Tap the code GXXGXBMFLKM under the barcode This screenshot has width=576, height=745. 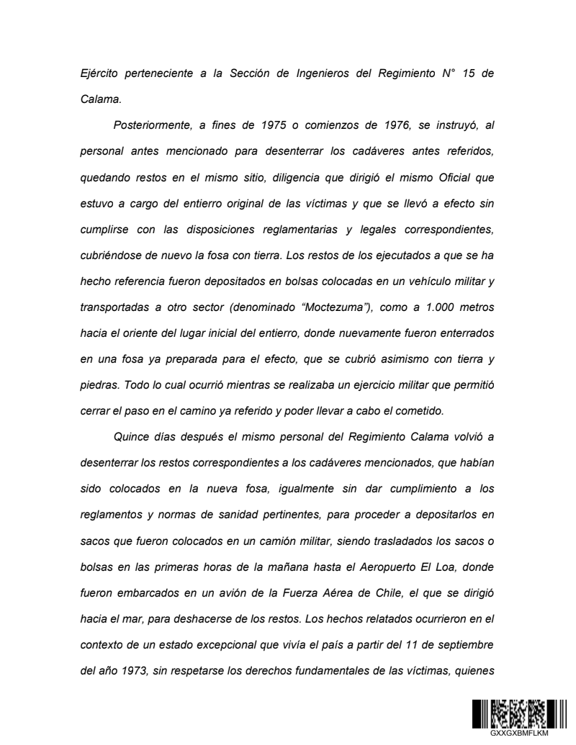coord(518,733)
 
